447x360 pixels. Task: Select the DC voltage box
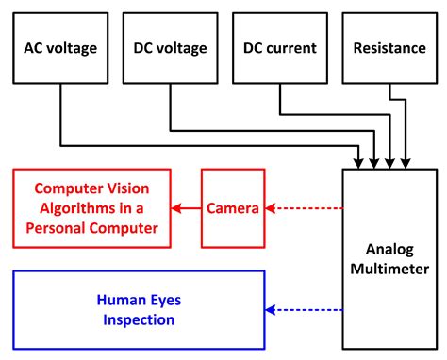[x=170, y=48]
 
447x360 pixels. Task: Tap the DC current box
[x=281, y=48]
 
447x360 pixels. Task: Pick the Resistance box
[x=390, y=48]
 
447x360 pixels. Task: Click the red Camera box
[x=233, y=208]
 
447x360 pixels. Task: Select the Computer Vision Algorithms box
[x=91, y=208]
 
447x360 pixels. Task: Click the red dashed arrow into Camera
[x=304, y=208]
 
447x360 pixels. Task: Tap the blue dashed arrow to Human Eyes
[x=304, y=310]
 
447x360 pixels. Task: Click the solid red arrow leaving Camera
[x=185, y=208]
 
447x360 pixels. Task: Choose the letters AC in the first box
[x=35, y=48]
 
